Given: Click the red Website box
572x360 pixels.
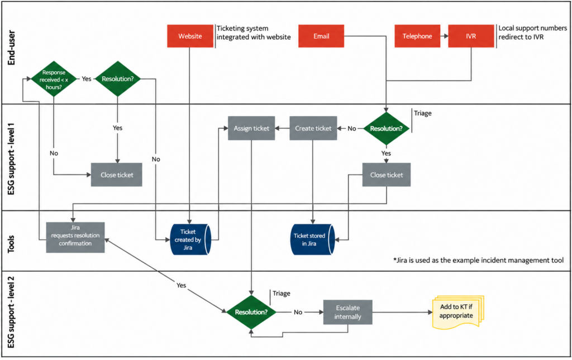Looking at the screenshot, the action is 190,36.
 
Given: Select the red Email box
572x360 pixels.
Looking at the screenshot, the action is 321,36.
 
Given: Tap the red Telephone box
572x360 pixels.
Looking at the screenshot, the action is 417,36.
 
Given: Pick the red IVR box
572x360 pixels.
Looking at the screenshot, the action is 471,36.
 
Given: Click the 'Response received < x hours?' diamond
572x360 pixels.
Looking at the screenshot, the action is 54,79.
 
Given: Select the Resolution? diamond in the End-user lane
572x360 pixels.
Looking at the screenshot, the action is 117,79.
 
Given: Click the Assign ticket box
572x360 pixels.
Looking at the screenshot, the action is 251,128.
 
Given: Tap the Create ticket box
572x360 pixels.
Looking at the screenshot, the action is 313,128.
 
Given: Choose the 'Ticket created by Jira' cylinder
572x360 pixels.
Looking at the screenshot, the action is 190,239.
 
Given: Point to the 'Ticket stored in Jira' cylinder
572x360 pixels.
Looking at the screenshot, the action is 312,239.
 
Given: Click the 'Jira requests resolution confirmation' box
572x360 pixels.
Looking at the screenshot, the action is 75,237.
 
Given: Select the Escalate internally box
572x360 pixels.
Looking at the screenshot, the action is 347,312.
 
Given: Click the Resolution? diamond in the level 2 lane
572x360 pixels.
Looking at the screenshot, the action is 251,312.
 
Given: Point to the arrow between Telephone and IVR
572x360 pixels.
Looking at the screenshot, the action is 444,36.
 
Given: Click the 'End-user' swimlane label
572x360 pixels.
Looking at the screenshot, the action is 11,48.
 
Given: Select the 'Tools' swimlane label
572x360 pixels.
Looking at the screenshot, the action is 11,244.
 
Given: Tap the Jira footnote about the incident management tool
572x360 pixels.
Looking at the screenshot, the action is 478,260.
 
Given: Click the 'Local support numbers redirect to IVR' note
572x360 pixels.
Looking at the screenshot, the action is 532,32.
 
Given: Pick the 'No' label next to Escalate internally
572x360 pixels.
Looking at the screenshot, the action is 298,312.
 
